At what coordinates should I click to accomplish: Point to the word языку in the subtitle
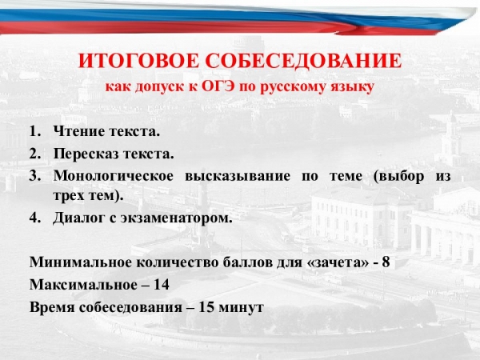(x=350, y=86)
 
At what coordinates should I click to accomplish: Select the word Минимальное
(x=81, y=263)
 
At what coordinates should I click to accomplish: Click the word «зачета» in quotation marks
(x=337, y=263)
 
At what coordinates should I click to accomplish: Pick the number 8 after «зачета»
(x=386, y=263)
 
